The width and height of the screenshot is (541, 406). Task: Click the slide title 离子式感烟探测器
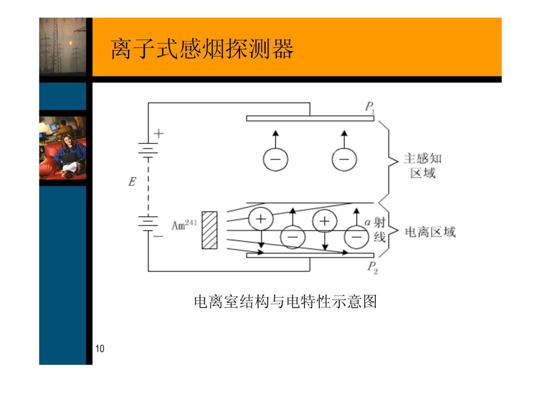pyautogui.click(x=202, y=49)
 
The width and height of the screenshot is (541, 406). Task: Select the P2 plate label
pyautogui.click(x=372, y=267)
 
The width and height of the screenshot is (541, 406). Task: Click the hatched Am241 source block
pyautogui.click(x=209, y=230)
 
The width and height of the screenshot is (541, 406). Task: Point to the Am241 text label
pyautogui.click(x=184, y=225)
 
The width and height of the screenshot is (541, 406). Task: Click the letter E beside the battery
pyautogui.click(x=132, y=182)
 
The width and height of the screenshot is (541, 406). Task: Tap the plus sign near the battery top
pyautogui.click(x=159, y=133)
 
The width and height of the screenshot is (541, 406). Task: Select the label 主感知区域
pyautogui.click(x=423, y=166)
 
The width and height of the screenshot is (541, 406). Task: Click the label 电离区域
pyautogui.click(x=430, y=232)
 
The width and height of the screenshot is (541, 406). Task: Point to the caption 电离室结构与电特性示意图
pyautogui.click(x=285, y=302)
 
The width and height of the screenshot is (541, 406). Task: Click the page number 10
pyautogui.click(x=100, y=349)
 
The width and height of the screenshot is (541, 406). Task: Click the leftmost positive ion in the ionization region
pyautogui.click(x=261, y=219)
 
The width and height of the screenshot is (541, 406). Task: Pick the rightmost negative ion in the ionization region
pyautogui.click(x=356, y=237)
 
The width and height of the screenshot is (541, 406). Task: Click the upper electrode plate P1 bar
pyautogui.click(x=310, y=118)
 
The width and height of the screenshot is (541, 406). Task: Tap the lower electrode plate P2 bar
pyautogui.click(x=310, y=255)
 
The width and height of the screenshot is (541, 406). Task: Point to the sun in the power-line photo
pyautogui.click(x=70, y=43)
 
